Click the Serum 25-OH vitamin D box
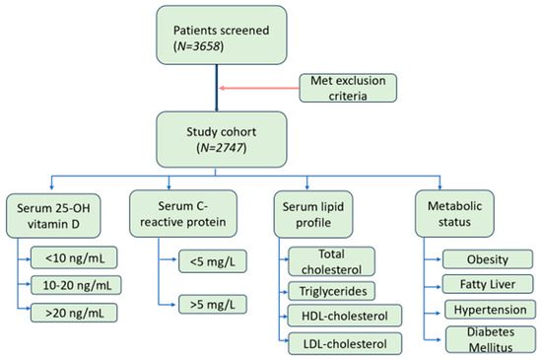tap(60, 215)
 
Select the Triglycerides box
tap(329, 291)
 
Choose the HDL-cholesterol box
tap(336, 317)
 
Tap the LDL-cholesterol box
tap(336, 342)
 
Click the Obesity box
tap(483, 259)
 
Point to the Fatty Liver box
tap(483, 284)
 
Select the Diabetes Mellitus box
tap(483, 338)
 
